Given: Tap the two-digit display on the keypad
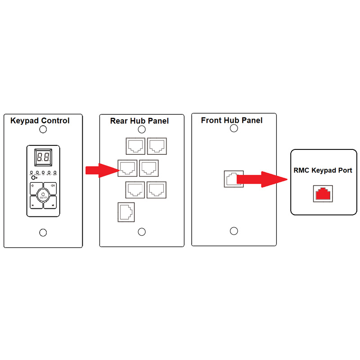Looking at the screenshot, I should click(43, 158).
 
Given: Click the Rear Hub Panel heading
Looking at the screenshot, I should click(139, 121).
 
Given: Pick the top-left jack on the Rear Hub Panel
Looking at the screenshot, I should click(135, 146).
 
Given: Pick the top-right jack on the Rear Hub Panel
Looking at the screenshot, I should click(157, 146).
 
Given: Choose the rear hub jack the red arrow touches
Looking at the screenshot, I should click(127, 168).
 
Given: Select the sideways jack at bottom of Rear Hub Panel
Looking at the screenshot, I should click(126, 212).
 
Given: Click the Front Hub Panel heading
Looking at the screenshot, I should click(232, 120).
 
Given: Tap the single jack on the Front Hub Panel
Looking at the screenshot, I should click(233, 179).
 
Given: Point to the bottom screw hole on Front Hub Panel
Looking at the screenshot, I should click(234, 231).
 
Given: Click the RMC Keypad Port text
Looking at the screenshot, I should click(323, 170).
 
